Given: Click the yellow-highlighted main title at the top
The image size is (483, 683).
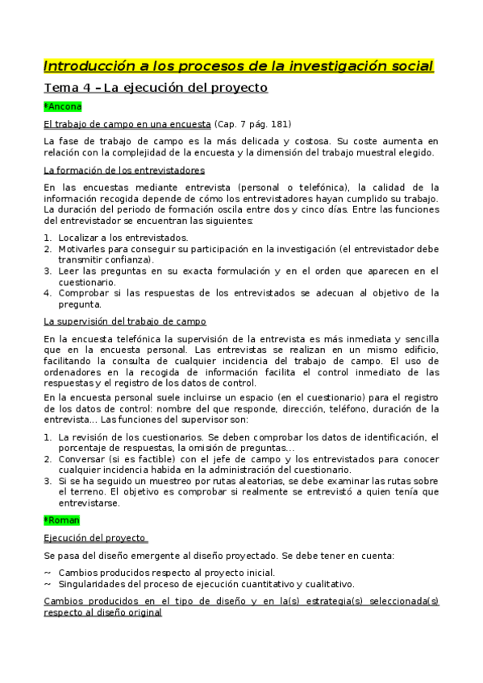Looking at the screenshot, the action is (x=239, y=65).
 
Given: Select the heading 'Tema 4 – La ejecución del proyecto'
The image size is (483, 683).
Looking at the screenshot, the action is (x=155, y=87).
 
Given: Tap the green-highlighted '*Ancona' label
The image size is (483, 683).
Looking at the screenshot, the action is (x=63, y=106).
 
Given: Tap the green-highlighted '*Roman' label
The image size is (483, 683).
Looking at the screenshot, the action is (x=62, y=520).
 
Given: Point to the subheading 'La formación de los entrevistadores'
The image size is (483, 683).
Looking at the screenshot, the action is (x=124, y=170).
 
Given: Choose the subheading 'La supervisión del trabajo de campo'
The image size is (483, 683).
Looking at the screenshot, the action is (x=125, y=321).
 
